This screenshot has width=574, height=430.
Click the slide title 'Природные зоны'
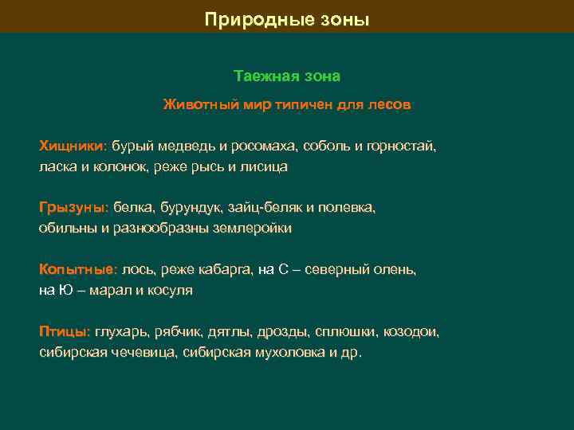287,18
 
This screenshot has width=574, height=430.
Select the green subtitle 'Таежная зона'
287,76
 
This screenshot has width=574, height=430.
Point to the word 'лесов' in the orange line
390,104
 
